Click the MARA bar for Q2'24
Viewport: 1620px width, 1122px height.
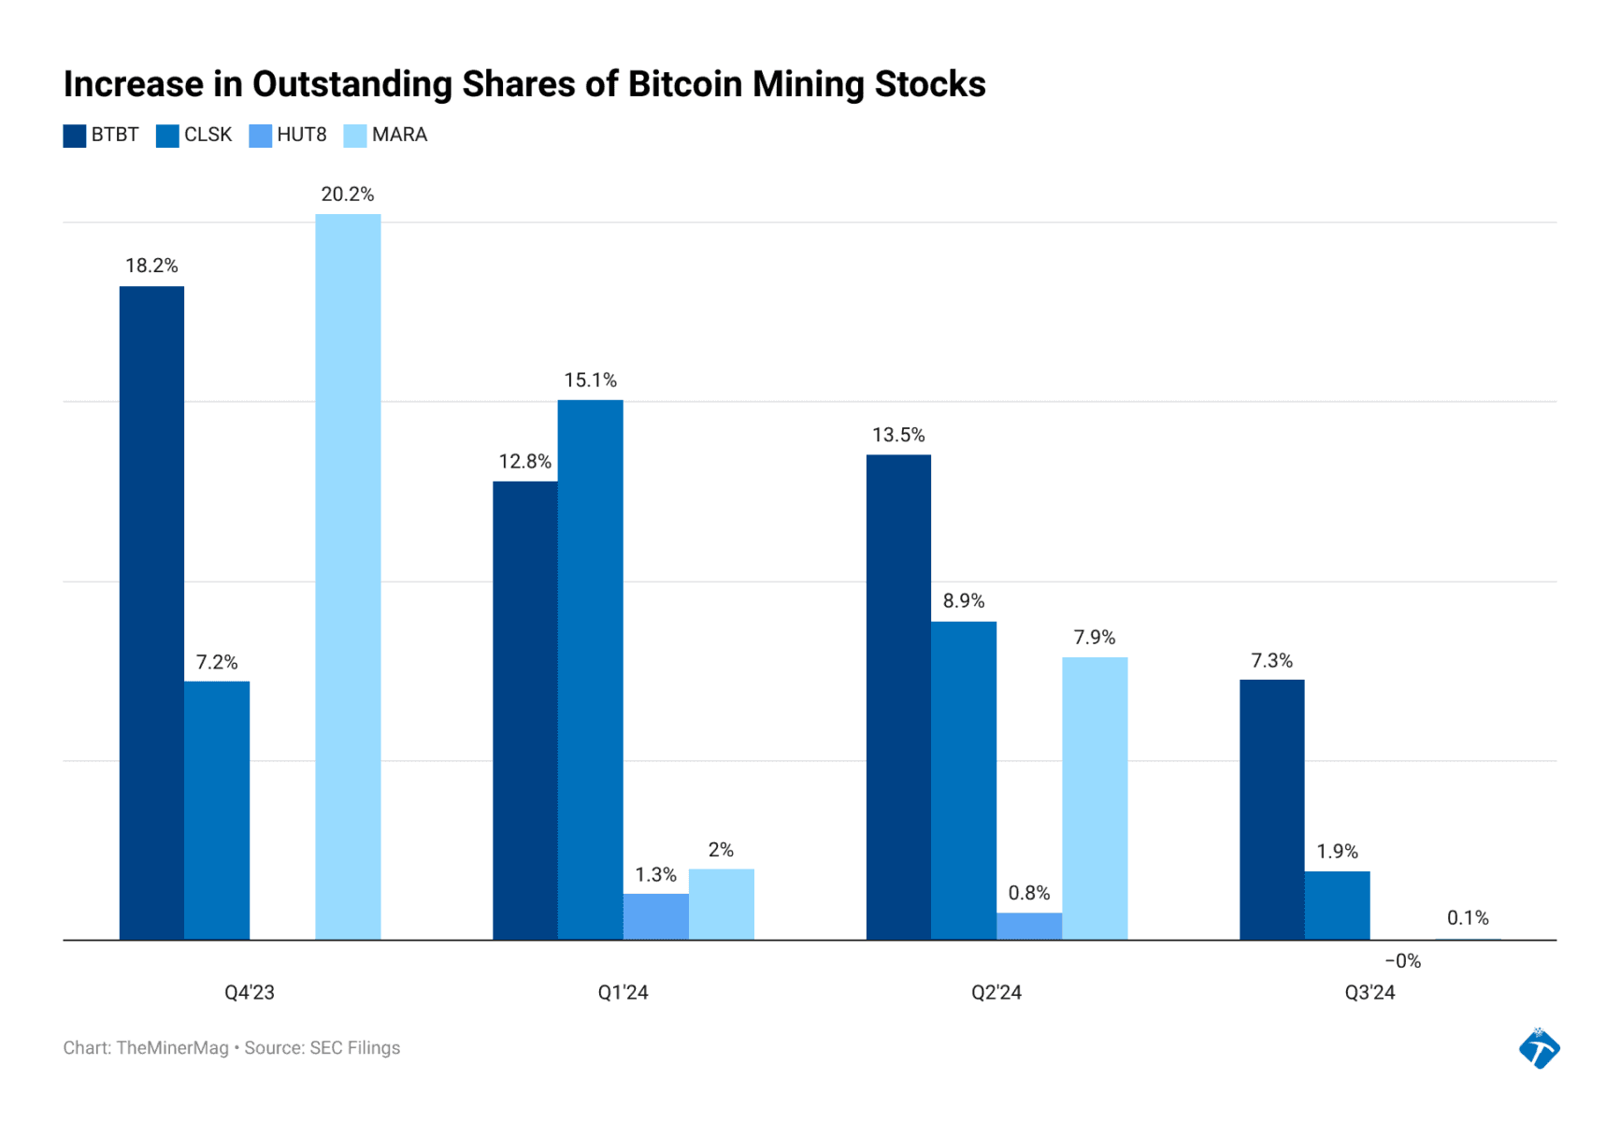1094,798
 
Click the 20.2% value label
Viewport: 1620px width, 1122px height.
348,194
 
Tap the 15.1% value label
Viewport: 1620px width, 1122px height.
590,381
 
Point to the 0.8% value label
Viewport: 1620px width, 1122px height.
1028,893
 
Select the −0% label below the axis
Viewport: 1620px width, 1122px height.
1402,961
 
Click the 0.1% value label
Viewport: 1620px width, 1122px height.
1468,918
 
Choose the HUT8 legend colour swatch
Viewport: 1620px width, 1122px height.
260,136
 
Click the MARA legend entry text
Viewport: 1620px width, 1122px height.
399,136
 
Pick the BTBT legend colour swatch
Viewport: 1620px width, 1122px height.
75,136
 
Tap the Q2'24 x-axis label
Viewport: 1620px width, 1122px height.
996,993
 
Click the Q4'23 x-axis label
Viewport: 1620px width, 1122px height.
250,993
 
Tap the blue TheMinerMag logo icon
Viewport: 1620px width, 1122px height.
1539,1048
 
